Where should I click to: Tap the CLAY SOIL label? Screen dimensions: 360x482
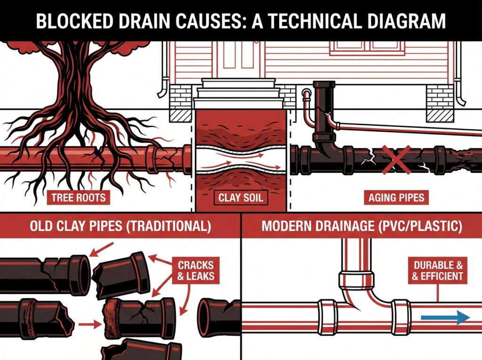coord(241,197)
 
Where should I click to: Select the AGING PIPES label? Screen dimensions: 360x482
coord(396,197)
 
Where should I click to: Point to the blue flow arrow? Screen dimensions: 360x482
coord(445,318)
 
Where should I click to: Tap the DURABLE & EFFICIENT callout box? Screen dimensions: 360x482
coord(437,271)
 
